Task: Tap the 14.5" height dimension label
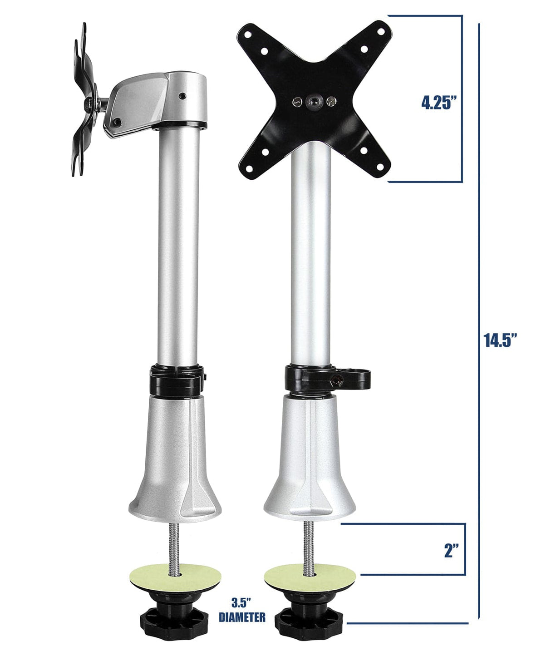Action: coord(500,340)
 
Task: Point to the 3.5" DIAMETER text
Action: coord(242,610)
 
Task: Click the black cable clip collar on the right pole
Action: coord(327,379)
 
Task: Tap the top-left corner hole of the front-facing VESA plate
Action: coord(247,35)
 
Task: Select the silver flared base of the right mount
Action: coord(309,463)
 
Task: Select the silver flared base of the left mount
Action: coord(175,463)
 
